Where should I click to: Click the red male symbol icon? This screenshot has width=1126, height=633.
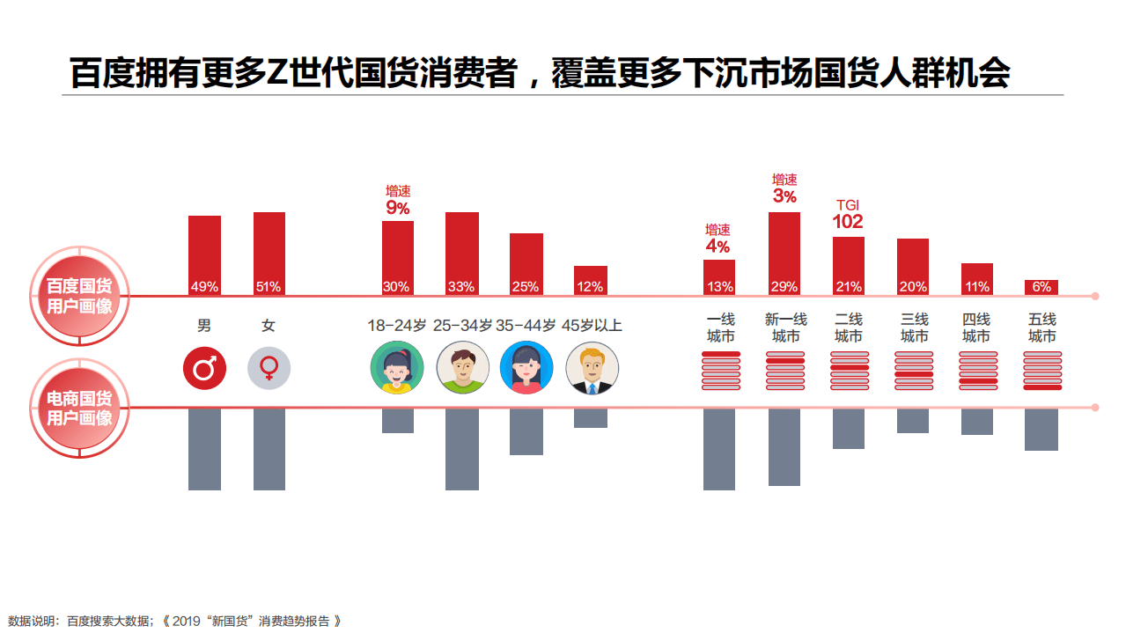click(204, 368)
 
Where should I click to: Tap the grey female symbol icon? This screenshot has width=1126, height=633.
click(269, 368)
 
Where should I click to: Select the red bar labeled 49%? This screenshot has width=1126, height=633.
click(204, 254)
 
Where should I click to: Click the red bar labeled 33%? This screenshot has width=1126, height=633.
click(461, 253)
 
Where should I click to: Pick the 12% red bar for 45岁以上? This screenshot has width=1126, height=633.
click(590, 280)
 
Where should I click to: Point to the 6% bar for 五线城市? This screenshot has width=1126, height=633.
click(1041, 287)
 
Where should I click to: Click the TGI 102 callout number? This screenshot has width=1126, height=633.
click(848, 222)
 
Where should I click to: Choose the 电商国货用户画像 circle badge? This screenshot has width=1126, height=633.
click(80, 408)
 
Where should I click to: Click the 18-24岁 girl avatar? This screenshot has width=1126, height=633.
click(397, 368)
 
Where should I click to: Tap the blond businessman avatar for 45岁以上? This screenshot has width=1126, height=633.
click(592, 368)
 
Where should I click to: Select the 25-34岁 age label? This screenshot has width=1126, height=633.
click(461, 326)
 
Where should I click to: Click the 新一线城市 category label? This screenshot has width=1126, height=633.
click(785, 328)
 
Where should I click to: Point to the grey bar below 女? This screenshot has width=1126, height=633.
click(269, 449)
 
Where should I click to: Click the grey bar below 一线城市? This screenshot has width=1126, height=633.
click(718, 449)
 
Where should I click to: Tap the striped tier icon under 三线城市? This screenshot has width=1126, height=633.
click(913, 371)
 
